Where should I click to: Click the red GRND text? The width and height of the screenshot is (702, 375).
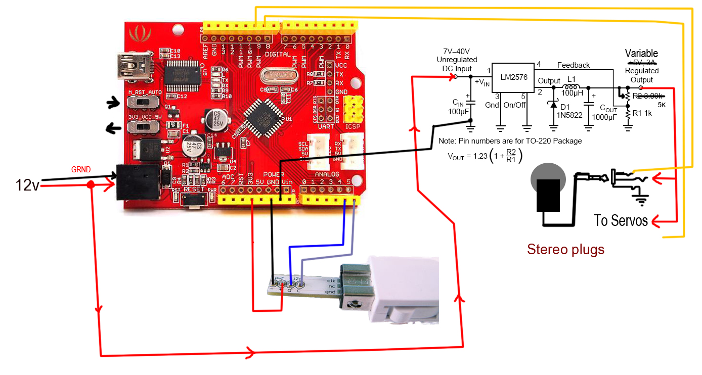81,170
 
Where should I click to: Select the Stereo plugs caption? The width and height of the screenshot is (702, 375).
565,249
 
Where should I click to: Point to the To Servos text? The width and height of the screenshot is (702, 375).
621,221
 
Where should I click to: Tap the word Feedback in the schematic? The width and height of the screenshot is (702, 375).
574,65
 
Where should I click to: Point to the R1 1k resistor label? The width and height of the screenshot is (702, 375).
643,113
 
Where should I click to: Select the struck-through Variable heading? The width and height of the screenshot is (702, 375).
641,54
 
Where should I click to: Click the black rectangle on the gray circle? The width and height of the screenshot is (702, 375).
548,195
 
